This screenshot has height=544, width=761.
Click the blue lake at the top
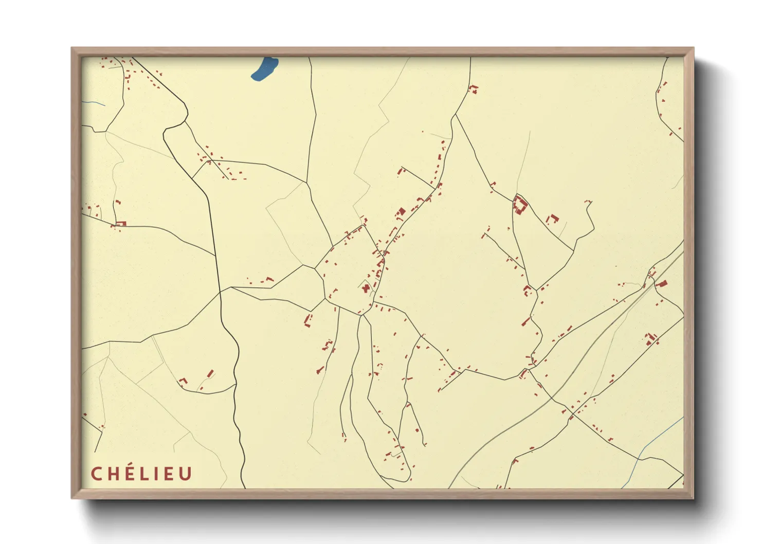(x=265, y=68)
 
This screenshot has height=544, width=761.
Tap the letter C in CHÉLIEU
(x=96, y=474)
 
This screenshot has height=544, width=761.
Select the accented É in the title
(x=129, y=473)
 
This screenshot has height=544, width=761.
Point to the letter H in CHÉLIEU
(x=112, y=474)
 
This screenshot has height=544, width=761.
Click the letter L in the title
(x=144, y=474)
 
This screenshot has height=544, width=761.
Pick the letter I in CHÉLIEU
(x=156, y=474)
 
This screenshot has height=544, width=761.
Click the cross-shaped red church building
(x=366, y=288)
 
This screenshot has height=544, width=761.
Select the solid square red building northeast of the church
(x=402, y=211)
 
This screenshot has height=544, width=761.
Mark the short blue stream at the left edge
(x=94, y=103)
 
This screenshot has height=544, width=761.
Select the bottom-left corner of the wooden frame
(x=73, y=497)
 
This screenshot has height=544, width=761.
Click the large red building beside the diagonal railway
(x=662, y=283)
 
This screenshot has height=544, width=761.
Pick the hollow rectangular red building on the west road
(x=120, y=224)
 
